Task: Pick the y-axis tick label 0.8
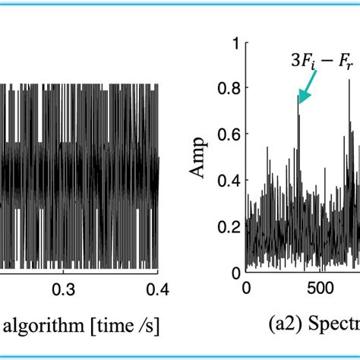[229, 90]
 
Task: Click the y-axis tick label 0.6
[229, 135]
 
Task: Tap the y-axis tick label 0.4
[229, 181]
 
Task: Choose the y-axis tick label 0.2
[229, 226]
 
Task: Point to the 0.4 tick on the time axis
[157, 289]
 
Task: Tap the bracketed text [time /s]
[118, 327]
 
